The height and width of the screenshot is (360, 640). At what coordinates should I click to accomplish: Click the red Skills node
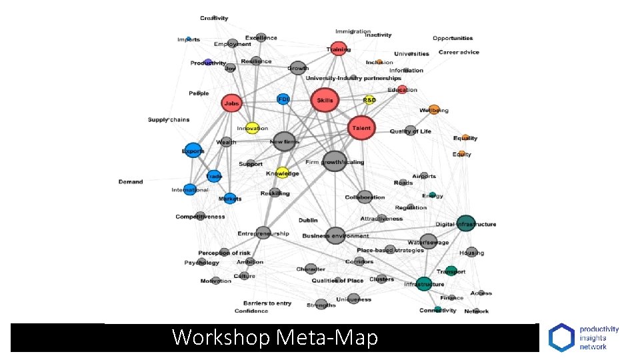pos(325,100)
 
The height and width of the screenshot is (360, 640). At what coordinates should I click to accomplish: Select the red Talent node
pos(361,128)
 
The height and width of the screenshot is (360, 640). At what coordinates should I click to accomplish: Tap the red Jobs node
pos(231,103)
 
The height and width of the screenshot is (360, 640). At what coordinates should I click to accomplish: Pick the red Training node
pos(339,49)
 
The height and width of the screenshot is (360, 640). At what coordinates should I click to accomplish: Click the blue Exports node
pos(193,151)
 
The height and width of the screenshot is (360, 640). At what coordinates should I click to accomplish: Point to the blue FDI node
pos(283,99)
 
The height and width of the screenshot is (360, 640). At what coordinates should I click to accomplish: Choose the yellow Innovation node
pos(251,127)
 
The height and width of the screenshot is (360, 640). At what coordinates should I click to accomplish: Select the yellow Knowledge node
pos(283,173)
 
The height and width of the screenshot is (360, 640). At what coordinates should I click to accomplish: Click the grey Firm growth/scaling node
pos(335,161)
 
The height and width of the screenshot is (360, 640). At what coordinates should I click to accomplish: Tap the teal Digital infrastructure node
pos(466,223)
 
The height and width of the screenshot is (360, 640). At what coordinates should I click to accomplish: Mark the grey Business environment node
pos(335,235)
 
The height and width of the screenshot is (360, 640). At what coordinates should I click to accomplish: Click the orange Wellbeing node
pos(434,109)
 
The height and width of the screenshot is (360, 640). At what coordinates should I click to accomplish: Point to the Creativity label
pos(214,18)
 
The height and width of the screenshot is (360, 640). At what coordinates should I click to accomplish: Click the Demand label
pos(131,181)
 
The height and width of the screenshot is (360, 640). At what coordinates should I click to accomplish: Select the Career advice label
pos(459,52)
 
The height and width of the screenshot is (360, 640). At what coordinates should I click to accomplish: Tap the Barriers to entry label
pos(267,303)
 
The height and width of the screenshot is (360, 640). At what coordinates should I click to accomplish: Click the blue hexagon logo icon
pos(561,337)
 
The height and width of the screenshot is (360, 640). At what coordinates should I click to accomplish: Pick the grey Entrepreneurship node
pos(263,233)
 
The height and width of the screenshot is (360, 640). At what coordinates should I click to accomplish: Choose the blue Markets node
pos(230,198)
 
